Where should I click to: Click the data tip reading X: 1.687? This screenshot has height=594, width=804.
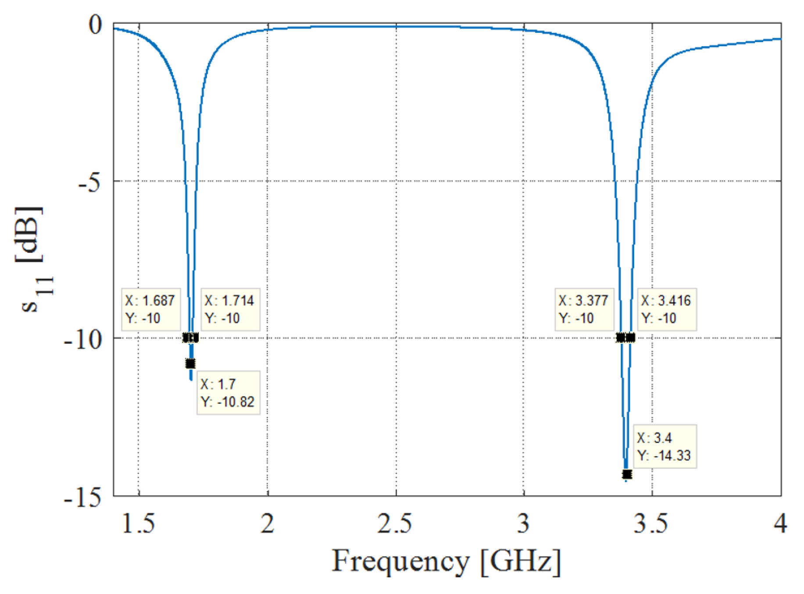click(150, 310)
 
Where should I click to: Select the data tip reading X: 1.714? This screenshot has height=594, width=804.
click(230, 310)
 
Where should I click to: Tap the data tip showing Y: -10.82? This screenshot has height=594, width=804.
click(228, 393)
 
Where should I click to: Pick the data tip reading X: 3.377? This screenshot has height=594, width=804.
click(584, 310)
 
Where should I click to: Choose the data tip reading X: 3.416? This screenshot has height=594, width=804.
click(666, 310)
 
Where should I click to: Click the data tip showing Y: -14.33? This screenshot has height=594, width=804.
click(664, 446)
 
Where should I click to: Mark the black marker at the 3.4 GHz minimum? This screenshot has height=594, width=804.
click(627, 474)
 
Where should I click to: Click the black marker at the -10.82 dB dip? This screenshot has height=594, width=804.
click(190, 363)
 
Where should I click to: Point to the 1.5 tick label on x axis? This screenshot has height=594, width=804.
click(139, 523)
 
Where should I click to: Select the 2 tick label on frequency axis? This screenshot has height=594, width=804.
click(268, 523)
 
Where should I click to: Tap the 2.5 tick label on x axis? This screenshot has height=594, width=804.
click(395, 523)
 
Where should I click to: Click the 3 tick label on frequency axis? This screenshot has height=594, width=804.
click(523, 523)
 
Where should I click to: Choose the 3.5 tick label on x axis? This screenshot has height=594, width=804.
click(650, 523)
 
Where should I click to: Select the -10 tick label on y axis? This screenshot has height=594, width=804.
click(83, 339)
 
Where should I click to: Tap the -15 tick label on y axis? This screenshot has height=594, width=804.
click(83, 497)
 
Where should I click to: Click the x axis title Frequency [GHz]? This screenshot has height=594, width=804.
click(446, 562)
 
